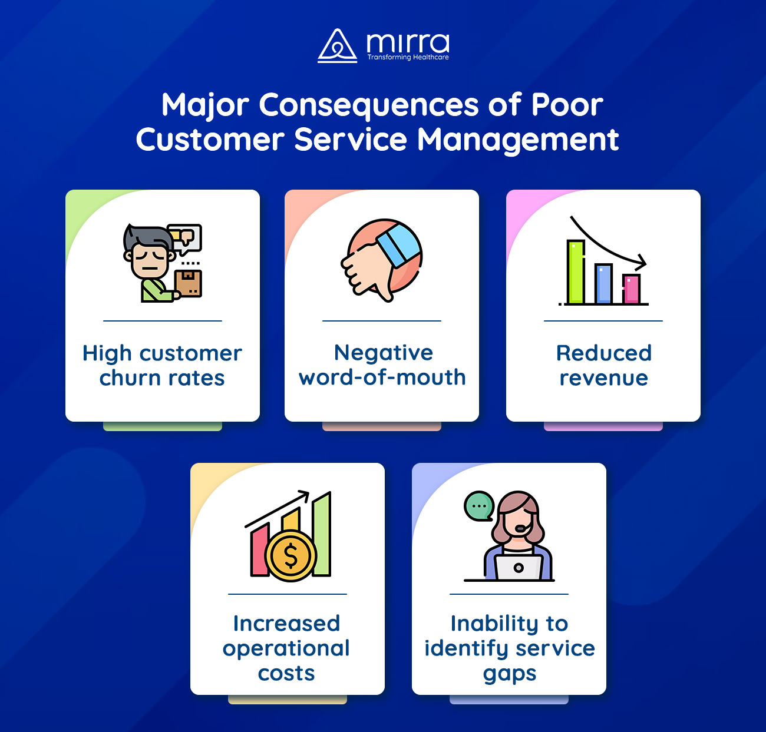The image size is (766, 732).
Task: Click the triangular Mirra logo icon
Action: [338, 46]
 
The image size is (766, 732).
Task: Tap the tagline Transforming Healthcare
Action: [408, 58]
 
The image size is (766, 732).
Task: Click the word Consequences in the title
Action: [369, 106]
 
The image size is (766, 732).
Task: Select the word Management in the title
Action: [518, 140]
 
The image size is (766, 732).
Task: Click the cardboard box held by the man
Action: [189, 283]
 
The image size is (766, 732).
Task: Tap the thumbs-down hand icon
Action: [381, 260]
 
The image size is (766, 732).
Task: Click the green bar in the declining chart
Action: [576, 272]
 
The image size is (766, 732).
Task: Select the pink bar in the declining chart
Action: [632, 289]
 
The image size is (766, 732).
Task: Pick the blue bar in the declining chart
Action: [603, 284]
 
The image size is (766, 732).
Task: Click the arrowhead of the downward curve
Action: [640, 263]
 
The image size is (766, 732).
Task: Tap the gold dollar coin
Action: [291, 556]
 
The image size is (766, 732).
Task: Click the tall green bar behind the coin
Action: [322, 534]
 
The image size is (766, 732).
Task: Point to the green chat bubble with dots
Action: [478, 506]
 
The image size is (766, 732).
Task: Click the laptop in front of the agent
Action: [519, 567]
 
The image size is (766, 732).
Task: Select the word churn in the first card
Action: [130, 378]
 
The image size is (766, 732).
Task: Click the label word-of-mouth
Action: [382, 377]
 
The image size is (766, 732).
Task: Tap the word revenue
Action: [604, 379]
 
